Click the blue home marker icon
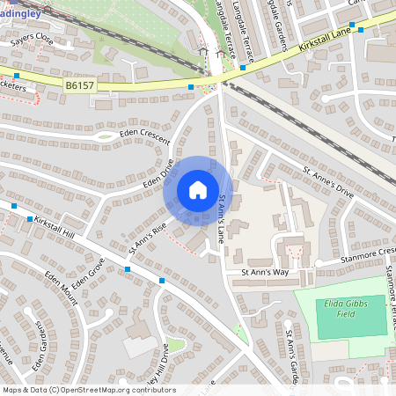(x=198, y=189)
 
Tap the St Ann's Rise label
(x=147, y=238)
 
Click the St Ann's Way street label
(x=265, y=273)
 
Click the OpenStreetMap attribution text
(x=88, y=389)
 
